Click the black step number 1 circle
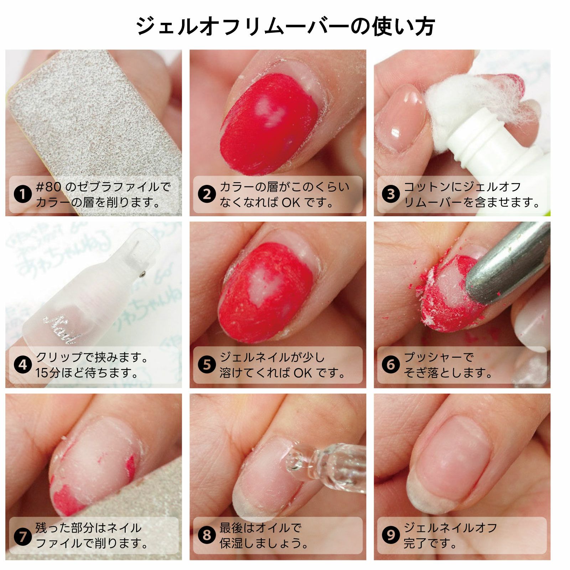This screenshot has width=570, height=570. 23,195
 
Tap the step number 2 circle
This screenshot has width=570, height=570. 207,195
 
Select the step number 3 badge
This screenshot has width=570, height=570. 391,195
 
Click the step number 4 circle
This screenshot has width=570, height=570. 23,365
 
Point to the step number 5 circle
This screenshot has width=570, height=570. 207,365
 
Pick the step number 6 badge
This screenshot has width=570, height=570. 391,365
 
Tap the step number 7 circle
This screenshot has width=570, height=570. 23,535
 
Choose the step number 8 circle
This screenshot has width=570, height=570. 207,535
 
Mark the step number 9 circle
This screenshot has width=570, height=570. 391,535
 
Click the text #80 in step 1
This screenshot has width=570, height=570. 49,187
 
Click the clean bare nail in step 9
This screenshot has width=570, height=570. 452,460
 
